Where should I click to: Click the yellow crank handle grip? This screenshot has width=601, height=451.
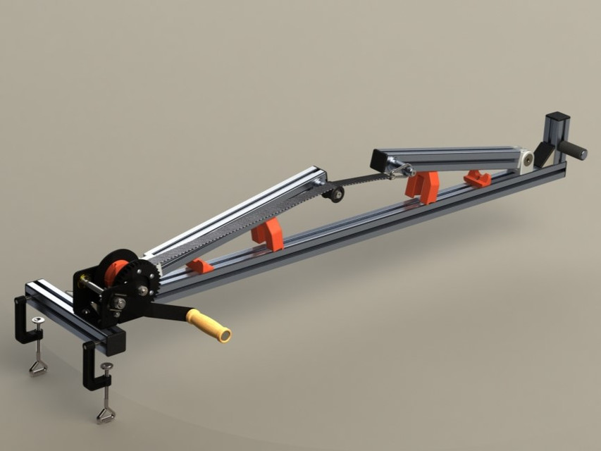(209, 326)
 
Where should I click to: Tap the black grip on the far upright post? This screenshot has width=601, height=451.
(573, 149)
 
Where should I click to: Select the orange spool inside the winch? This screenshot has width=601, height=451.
(116, 272)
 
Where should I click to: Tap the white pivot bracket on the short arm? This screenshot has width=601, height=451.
(527, 159)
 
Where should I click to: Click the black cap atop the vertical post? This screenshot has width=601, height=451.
(557, 116)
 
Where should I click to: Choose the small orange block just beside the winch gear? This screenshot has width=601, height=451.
(200, 266)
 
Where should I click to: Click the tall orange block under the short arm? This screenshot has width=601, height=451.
(423, 185)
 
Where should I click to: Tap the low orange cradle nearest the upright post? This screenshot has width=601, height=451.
(478, 178)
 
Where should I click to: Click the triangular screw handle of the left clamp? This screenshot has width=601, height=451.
(38, 366)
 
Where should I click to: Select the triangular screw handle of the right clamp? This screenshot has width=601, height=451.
(106, 414)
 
